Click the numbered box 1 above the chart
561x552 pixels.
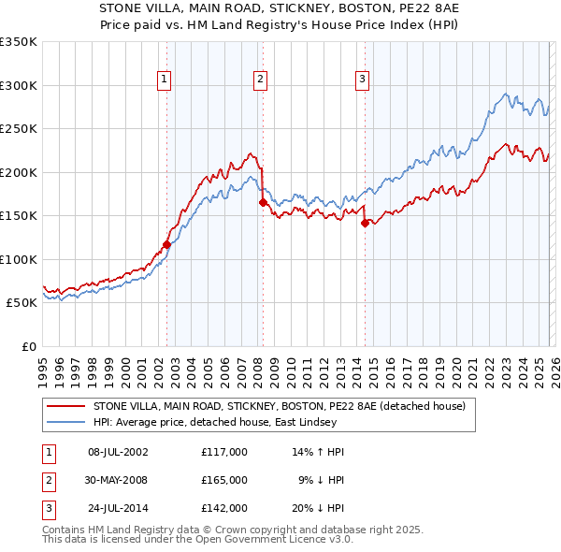click(x=164, y=80)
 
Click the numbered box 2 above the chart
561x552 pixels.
click(x=259, y=80)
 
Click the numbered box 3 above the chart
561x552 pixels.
click(x=361, y=80)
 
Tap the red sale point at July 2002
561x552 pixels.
click(x=167, y=244)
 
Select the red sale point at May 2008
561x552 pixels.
click(x=264, y=202)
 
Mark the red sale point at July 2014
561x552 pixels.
click(x=365, y=223)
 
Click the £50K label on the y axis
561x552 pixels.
click(x=21, y=303)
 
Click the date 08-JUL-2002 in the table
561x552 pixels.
click(x=118, y=451)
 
